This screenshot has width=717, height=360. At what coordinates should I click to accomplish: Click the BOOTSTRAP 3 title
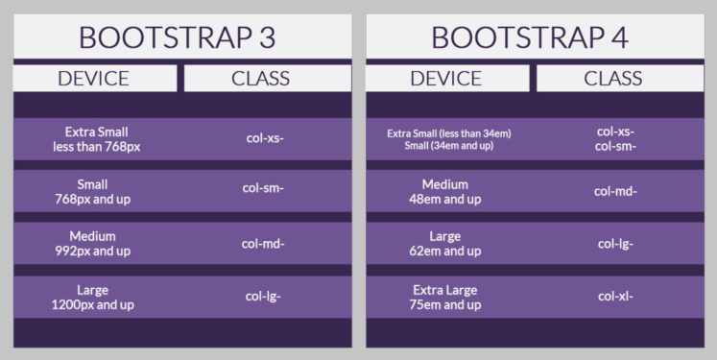(177, 37)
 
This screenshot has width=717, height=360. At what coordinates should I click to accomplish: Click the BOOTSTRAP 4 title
(529, 37)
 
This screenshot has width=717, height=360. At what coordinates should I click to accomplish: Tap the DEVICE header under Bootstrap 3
(93, 79)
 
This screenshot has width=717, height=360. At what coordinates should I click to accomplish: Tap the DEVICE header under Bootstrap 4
(445, 79)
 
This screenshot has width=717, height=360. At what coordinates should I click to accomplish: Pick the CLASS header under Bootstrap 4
(612, 79)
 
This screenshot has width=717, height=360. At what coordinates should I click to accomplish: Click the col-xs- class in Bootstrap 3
(265, 138)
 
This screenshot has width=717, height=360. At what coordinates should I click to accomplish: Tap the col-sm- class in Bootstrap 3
(265, 190)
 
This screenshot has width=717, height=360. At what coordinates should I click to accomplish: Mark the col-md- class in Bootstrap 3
(265, 243)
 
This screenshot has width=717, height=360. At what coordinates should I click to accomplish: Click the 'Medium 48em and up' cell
(445, 191)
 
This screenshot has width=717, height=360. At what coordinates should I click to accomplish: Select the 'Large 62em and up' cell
(445, 244)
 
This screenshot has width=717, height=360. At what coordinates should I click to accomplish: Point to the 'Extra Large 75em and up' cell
(445, 297)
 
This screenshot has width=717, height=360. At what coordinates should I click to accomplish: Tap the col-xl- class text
(615, 297)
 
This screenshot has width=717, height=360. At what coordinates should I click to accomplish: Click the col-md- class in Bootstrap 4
(615, 191)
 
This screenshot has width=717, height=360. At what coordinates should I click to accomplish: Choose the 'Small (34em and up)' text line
(449, 146)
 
